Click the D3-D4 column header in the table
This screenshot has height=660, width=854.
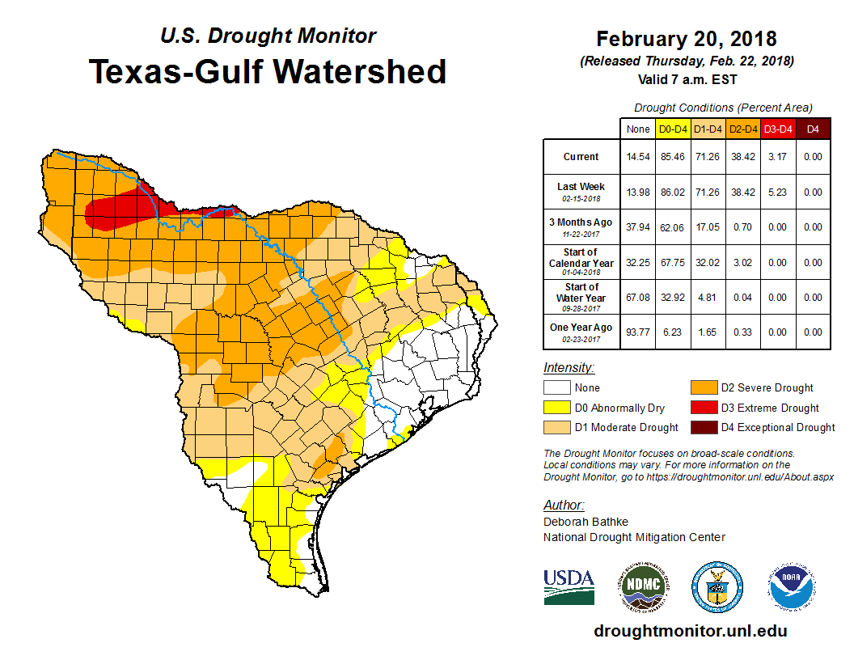click(x=777, y=129)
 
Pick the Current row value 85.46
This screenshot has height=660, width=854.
click(x=673, y=157)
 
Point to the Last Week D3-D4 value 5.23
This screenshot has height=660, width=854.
click(x=777, y=192)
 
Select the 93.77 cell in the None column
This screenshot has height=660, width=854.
click(x=638, y=332)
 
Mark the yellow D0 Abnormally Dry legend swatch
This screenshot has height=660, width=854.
click(x=557, y=408)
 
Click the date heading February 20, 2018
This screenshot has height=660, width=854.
click(x=686, y=39)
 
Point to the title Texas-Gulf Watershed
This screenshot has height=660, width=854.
click(x=268, y=71)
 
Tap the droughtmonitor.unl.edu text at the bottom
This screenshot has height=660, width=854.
click(x=690, y=631)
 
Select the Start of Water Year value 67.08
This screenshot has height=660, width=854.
click(x=638, y=297)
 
